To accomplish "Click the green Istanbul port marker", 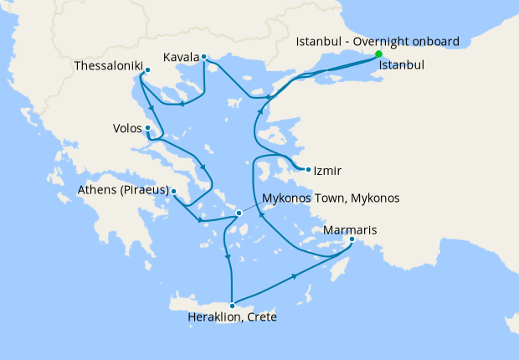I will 378,56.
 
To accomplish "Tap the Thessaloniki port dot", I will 147,70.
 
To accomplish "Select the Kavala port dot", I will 204,57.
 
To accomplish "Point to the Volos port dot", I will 147,128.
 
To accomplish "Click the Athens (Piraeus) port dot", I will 173,192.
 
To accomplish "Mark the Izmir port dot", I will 309,170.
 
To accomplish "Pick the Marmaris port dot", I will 352,239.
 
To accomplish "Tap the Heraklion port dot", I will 233,306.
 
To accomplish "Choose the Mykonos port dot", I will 239,213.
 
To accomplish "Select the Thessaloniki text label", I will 108,65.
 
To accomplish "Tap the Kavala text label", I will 182,57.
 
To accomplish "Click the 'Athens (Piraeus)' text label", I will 124,190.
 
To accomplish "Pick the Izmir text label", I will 328,171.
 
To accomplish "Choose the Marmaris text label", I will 350,229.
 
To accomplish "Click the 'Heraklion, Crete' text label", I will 233,317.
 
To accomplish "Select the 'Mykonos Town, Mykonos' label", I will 331,198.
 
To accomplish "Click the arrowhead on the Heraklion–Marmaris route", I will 294,276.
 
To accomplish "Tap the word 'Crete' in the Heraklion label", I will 261,317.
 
